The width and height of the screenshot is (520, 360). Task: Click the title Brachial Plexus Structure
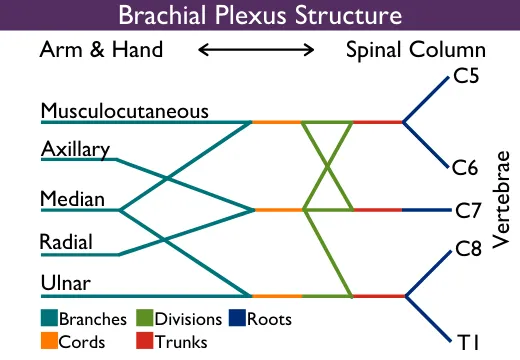pyautogui.click(x=260, y=16)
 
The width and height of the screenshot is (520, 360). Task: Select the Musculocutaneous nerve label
pyautogui.click(x=125, y=110)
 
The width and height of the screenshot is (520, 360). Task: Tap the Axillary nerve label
pyautogui.click(x=75, y=149)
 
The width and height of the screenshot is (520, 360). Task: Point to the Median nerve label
pyautogui.click(x=72, y=199)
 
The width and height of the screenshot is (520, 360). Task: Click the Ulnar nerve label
pyautogui.click(x=66, y=284)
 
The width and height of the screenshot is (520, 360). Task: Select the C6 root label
pyautogui.click(x=467, y=167)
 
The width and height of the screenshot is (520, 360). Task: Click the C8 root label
pyautogui.click(x=468, y=248)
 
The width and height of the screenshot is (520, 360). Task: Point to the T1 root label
pyautogui.click(x=470, y=342)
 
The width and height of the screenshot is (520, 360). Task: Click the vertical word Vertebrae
pyautogui.click(x=502, y=201)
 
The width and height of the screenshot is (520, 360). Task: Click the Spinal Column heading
pyautogui.click(x=415, y=49)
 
